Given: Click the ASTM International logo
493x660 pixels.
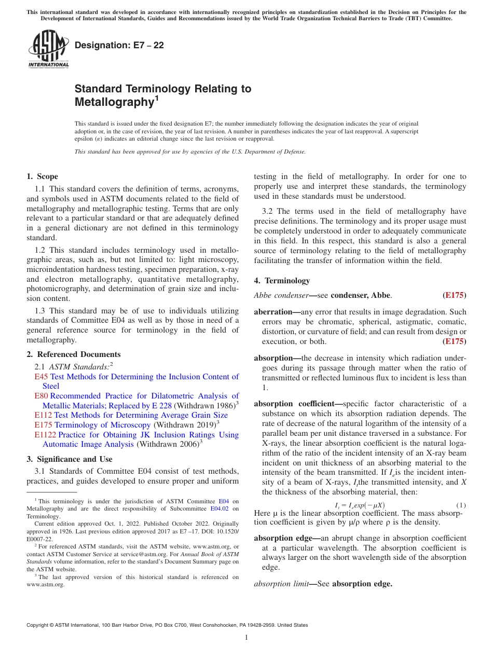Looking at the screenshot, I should (x=48, y=49).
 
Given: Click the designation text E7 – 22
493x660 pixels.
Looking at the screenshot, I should (x=119, y=46).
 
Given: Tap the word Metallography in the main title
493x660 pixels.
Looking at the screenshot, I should (x=113, y=102).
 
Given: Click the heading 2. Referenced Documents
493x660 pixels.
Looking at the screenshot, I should (x=74, y=354).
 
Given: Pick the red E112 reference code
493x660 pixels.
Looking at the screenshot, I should (x=44, y=415).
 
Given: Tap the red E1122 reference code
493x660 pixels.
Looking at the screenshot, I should (x=46, y=435).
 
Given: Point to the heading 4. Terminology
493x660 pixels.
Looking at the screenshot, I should (x=282, y=281).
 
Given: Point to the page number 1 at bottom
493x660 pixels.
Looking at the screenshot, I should (x=246, y=638).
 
